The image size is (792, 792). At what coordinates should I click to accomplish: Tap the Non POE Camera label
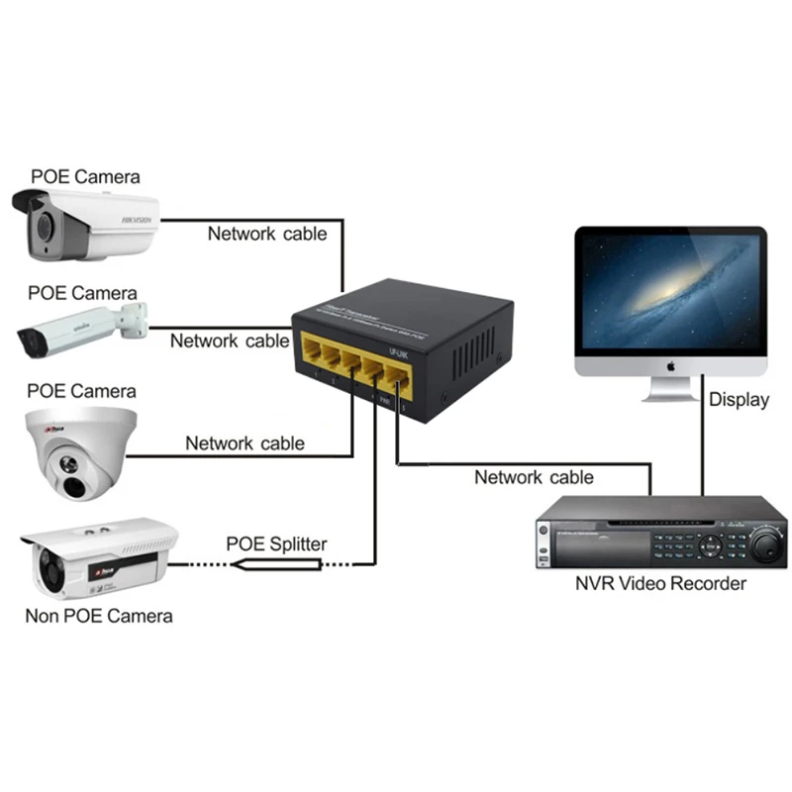98,616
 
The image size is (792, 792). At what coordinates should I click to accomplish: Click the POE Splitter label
276,543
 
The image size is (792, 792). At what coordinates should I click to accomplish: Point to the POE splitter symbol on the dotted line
277,564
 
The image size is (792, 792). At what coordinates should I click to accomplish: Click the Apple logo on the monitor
670,364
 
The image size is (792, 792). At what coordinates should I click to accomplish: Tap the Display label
739,400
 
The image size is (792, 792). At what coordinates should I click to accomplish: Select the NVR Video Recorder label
660,583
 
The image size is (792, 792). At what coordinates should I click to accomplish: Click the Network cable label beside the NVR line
534,477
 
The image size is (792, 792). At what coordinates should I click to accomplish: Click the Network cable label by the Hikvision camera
266,234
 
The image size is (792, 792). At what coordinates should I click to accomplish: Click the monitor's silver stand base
670,394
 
